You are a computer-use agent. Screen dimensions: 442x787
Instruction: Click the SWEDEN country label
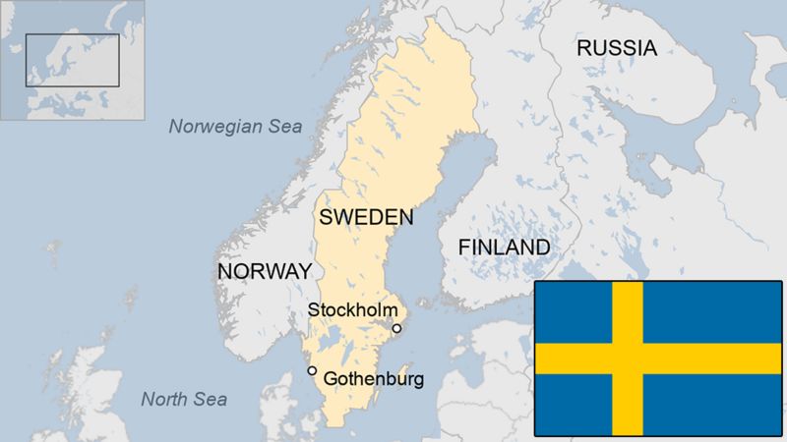366,216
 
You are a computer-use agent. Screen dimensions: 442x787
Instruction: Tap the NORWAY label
265,270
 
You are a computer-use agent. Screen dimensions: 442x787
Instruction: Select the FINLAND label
504,247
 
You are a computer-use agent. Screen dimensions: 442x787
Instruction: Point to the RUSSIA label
617,47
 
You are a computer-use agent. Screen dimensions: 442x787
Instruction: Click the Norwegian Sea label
235,126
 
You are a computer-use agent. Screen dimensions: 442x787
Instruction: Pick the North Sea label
184,399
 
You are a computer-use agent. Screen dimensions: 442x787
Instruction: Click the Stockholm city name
352,309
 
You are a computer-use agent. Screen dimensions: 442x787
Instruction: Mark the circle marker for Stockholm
396,328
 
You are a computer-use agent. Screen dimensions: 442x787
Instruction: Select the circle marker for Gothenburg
312,370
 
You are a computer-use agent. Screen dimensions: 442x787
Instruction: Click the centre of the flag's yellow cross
628,359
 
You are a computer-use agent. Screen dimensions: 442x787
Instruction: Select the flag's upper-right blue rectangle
711,312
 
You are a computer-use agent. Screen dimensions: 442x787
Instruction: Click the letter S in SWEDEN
327,216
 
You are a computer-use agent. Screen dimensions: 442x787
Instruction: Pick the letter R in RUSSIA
584,47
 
